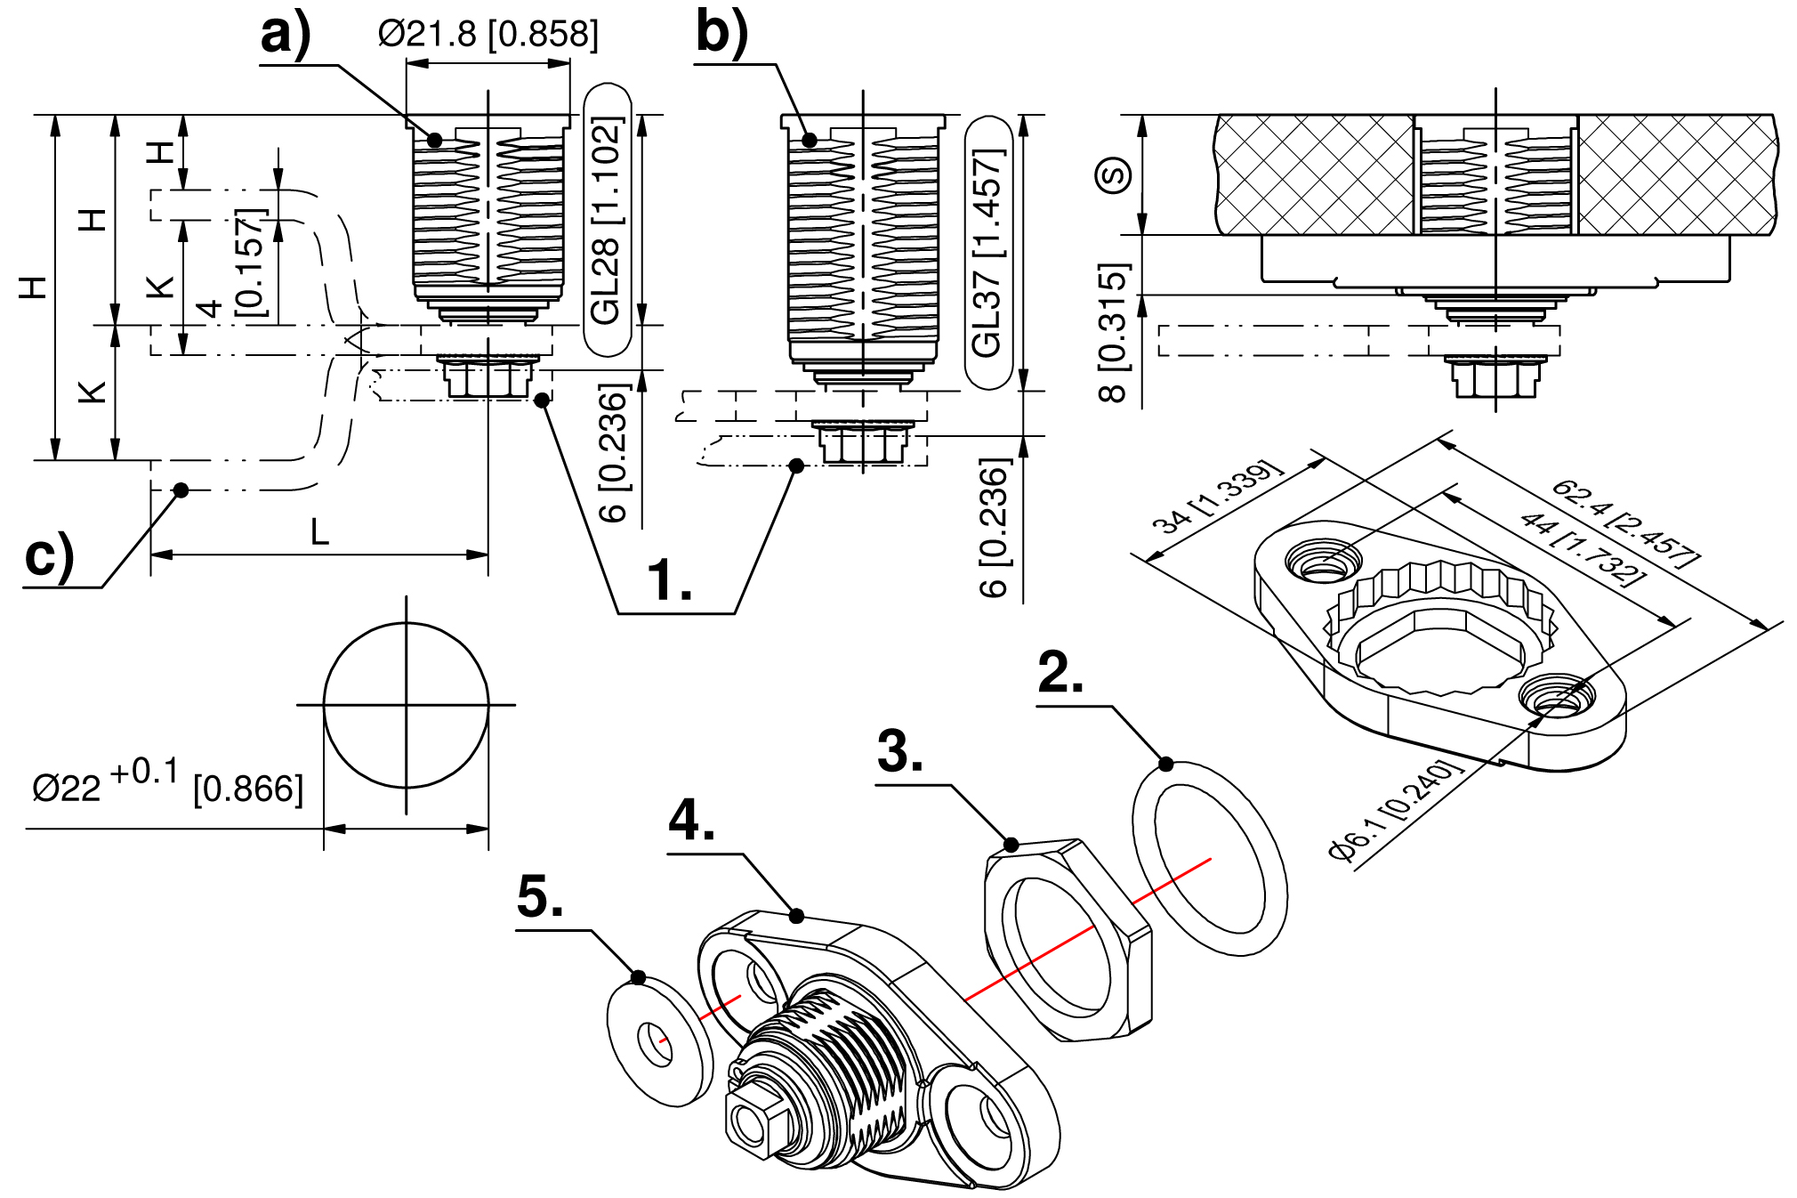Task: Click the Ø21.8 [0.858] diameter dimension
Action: click(488, 35)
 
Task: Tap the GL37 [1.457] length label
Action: click(988, 253)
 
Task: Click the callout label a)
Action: click(286, 36)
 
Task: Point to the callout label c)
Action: click(49, 556)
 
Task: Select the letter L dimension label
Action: click(319, 533)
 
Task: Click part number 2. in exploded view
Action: click(1060, 673)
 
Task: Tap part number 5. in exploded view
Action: click(540, 896)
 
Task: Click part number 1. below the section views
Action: click(670, 580)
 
